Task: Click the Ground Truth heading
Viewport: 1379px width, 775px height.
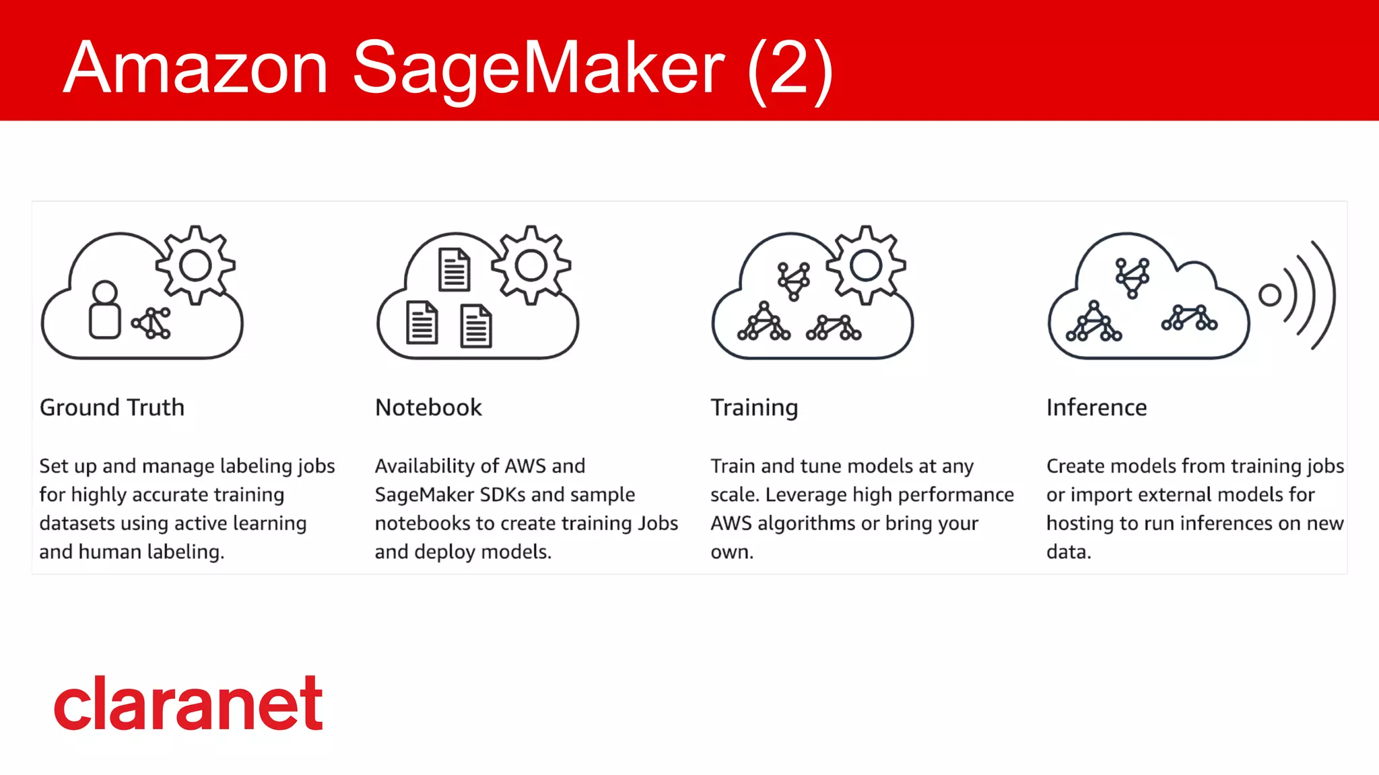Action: click(112, 407)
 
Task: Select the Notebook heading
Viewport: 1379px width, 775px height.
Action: click(428, 407)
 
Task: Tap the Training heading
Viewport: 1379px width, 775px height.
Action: click(754, 408)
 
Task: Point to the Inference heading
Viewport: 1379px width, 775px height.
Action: click(1096, 407)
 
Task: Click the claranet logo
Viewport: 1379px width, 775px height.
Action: click(189, 704)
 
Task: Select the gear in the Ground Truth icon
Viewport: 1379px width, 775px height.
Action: click(195, 265)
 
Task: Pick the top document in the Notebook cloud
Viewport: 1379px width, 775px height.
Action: click(455, 269)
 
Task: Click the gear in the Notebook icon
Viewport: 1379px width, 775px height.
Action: click(531, 265)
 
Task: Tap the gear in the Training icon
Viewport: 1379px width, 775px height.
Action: click(866, 265)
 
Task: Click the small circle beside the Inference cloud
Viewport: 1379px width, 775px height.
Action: click(1269, 295)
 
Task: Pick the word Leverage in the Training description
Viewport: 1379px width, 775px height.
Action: click(805, 495)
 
